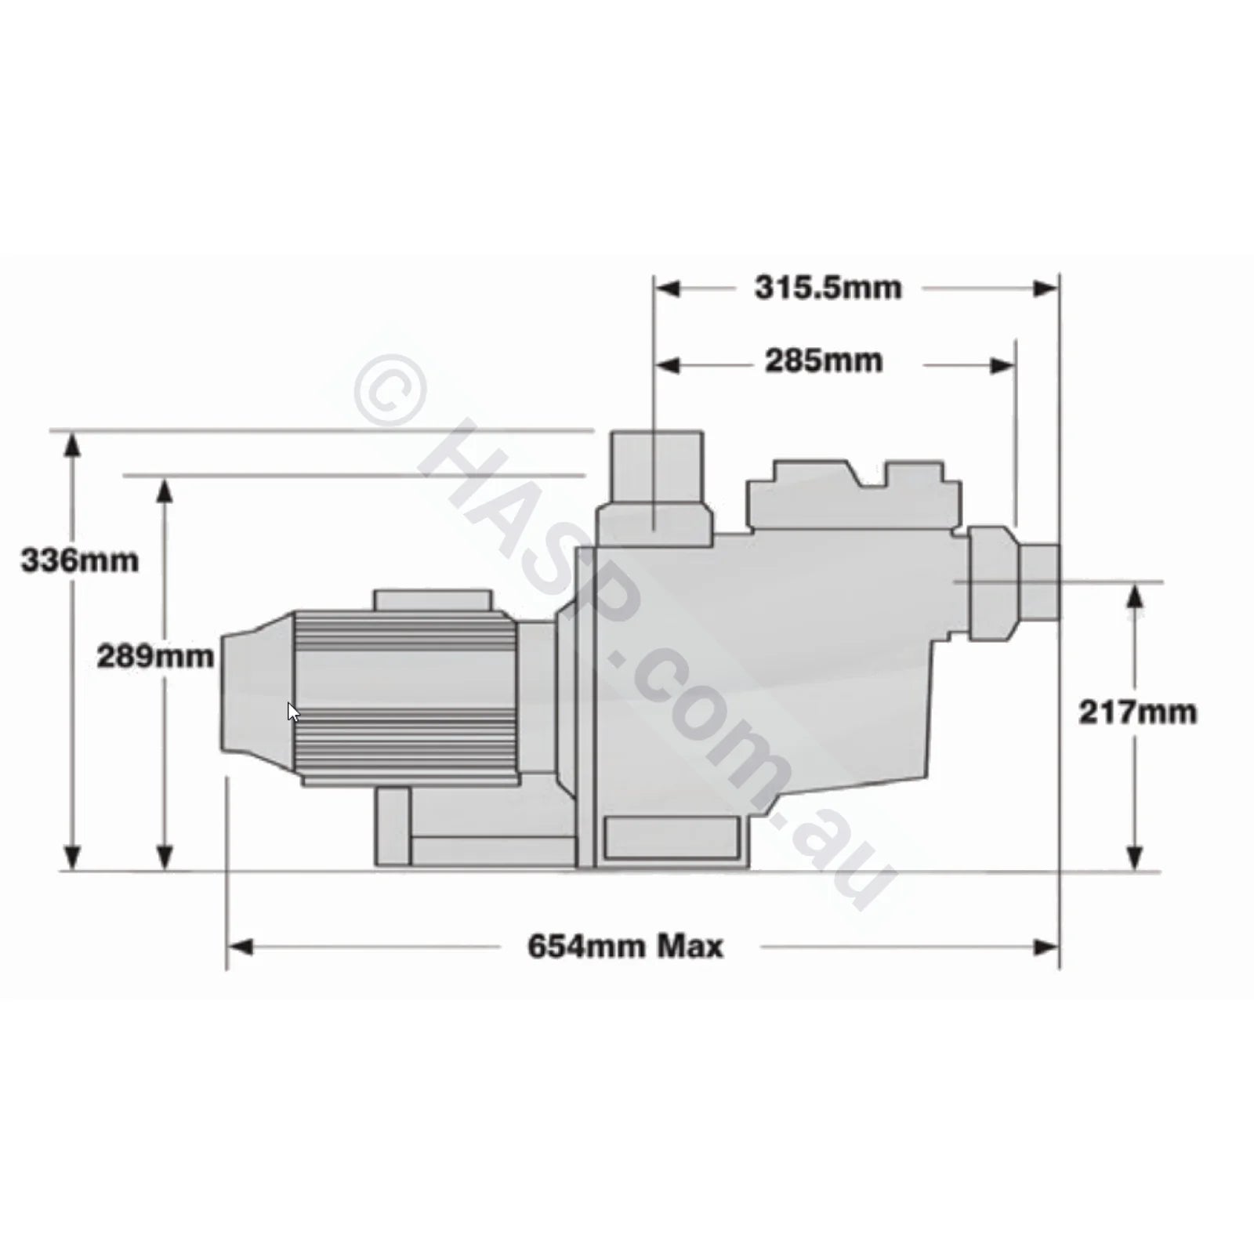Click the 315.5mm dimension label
[x=828, y=288]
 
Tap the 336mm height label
[x=79, y=560]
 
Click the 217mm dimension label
[x=1137, y=712]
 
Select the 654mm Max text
[x=625, y=947]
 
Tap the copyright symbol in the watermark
[x=390, y=390]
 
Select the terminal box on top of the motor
[x=432, y=600]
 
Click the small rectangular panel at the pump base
[x=672, y=838]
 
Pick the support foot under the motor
[x=392, y=827]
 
